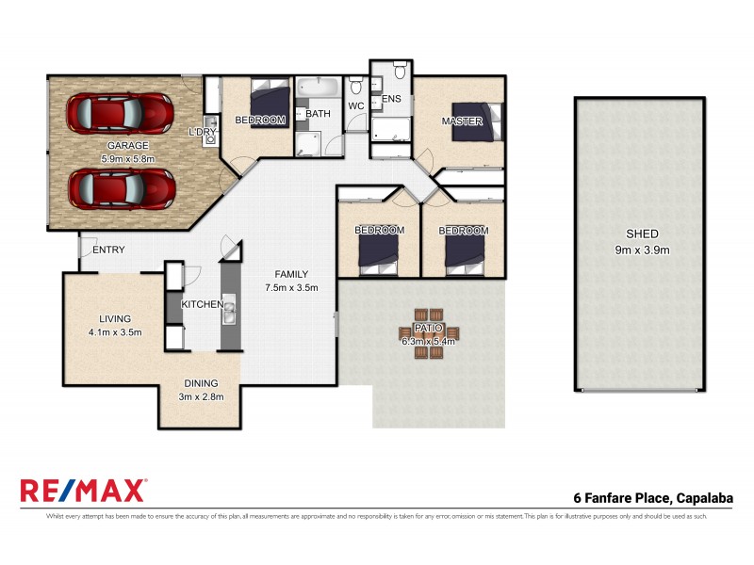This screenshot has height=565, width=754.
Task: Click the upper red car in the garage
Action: tap(120, 114)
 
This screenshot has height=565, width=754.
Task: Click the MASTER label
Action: tap(462, 121)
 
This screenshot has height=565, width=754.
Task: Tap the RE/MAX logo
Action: tap(83, 491)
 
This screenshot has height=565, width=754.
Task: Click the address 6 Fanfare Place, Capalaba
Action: tap(653, 498)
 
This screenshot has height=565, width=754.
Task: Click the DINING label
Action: tap(200, 383)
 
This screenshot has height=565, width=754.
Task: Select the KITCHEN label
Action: tap(202, 304)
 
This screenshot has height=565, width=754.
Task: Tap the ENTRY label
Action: tap(108, 250)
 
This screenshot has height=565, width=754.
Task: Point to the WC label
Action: tap(356, 106)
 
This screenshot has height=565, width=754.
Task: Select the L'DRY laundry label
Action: tap(203, 131)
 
